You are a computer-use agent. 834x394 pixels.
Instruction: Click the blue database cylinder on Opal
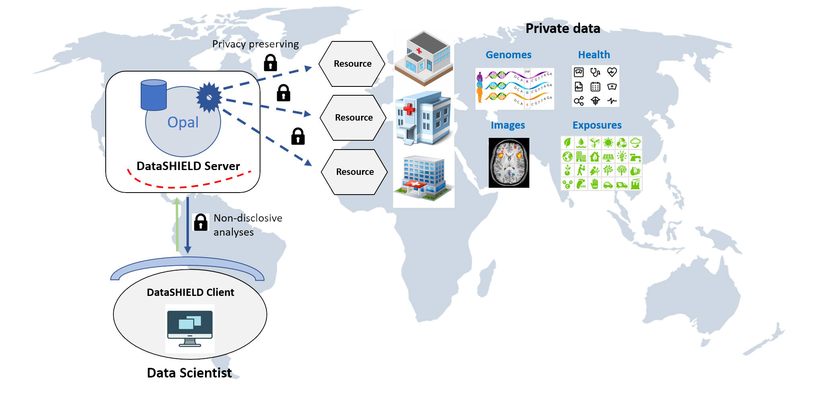[154, 95]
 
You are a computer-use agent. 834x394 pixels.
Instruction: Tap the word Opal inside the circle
[183, 122]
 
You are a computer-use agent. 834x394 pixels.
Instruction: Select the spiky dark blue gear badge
[209, 97]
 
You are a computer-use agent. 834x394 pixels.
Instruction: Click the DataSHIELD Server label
[188, 166]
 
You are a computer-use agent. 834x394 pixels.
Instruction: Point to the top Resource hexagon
[352, 64]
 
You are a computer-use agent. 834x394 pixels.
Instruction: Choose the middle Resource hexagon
[353, 118]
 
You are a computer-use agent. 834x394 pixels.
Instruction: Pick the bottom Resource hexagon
[355, 172]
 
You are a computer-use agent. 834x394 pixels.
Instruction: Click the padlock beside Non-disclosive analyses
[201, 222]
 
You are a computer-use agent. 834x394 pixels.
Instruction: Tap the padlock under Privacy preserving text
[270, 63]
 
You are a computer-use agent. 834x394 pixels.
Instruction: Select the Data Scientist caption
[189, 373]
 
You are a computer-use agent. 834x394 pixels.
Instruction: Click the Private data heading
[563, 29]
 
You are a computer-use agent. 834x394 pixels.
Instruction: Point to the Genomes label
[508, 55]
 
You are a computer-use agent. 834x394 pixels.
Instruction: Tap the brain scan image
[509, 163]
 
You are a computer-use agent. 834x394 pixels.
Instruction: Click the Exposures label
[597, 125]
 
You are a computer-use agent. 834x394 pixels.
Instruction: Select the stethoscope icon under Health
[595, 72]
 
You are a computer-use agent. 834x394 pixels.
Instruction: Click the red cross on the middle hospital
[409, 109]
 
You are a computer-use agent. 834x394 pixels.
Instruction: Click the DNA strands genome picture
[514, 89]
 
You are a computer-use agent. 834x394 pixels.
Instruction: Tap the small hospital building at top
[424, 58]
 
